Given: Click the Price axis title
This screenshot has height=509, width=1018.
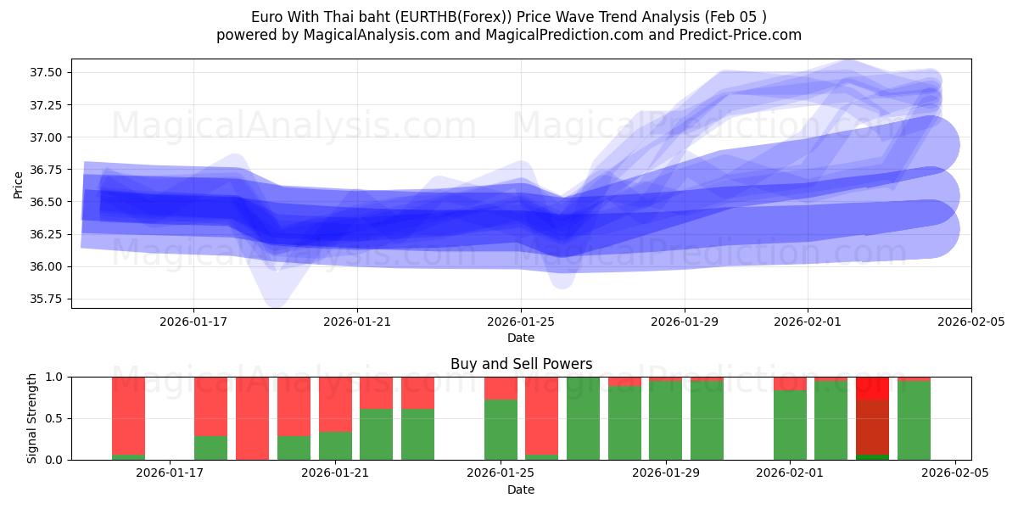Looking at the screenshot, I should (19, 184).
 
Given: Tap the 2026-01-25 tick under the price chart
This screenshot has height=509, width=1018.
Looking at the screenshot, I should (521, 322).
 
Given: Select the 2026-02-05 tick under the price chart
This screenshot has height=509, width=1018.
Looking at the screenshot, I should (970, 322).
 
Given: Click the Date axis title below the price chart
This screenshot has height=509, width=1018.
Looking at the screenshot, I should (521, 338).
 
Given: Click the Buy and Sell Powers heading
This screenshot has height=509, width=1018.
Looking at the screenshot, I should (521, 364).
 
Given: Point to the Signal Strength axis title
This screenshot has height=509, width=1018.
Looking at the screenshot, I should (32, 417).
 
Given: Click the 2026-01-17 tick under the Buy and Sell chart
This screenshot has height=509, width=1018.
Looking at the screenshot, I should (170, 473).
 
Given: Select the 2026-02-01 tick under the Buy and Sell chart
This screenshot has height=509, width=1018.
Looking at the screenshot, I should (790, 473).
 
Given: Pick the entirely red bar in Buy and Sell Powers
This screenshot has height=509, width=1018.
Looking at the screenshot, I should (252, 417).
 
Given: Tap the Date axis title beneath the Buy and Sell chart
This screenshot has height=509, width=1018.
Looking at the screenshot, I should (521, 489).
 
